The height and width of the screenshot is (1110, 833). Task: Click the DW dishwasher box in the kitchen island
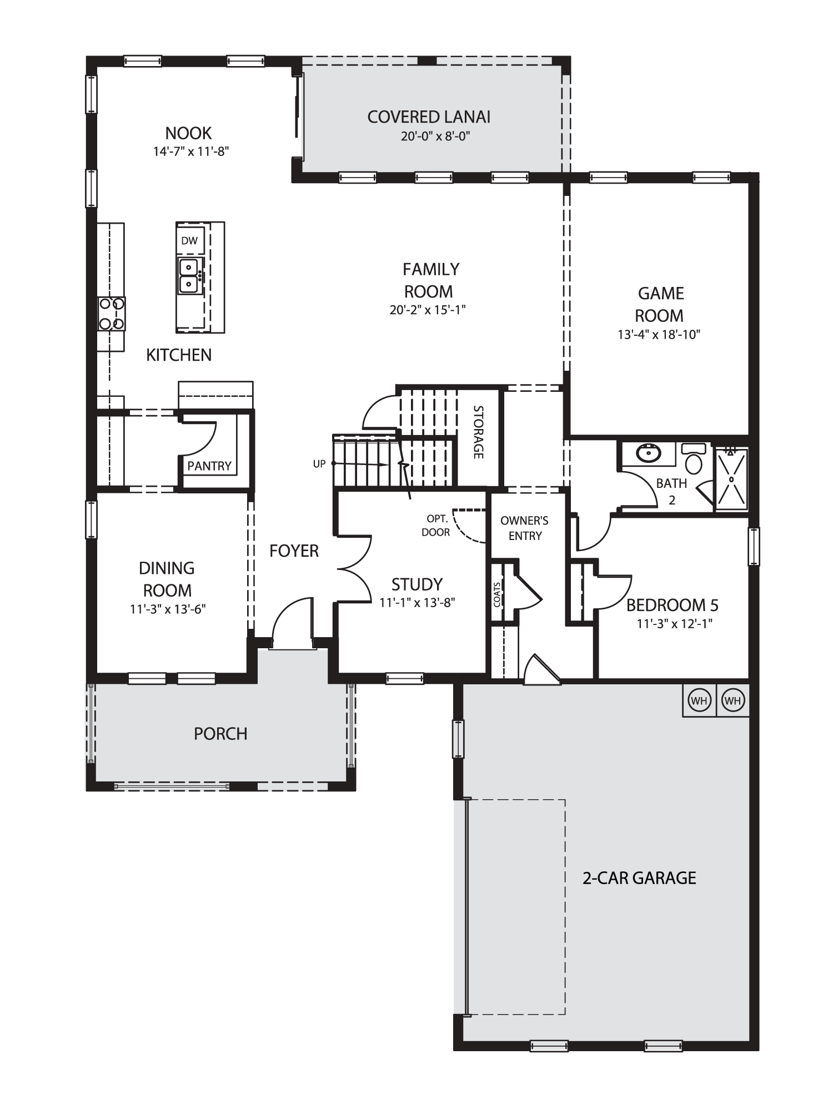[189, 241]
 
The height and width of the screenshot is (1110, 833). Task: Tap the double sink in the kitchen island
[189, 276]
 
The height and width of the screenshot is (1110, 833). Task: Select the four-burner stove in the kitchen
[112, 314]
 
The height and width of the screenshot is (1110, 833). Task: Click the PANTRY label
[209, 466]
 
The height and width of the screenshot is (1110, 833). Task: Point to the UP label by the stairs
[319, 464]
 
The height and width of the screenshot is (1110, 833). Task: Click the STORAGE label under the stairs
[478, 432]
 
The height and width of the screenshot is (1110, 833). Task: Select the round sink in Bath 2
[648, 454]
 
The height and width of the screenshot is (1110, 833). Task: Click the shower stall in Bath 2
[731, 478]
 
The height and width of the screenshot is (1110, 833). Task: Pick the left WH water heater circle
[699, 700]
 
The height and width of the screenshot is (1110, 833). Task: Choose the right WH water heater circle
[733, 700]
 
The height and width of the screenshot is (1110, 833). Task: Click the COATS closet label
[497, 594]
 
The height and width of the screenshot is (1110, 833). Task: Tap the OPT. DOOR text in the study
[437, 526]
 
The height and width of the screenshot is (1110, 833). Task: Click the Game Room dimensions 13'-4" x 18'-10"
[659, 335]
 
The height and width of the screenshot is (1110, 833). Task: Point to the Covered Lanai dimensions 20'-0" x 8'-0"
[435, 137]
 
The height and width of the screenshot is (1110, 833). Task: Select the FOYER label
[294, 551]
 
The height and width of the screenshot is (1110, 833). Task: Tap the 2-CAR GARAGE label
[639, 878]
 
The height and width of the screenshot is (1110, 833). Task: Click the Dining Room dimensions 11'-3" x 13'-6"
[168, 609]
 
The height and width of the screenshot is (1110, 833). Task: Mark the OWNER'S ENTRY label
[524, 528]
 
